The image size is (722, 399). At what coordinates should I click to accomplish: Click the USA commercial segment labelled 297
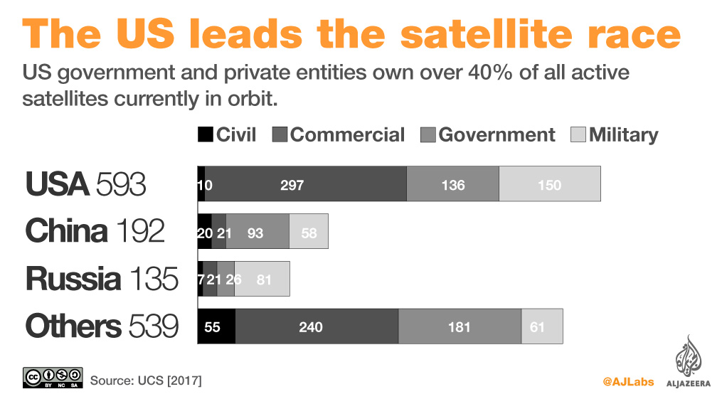coord(305,184)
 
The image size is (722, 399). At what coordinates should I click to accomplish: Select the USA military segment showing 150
coord(549,184)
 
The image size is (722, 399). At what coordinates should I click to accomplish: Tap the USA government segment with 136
coord(452,184)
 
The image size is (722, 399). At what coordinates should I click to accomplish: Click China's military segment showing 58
coord(309,231)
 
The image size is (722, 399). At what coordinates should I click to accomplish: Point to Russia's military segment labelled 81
coord(262,279)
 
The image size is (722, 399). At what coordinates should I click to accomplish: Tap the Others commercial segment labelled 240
coord(317,326)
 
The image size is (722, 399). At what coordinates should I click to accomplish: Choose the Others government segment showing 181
coord(460,326)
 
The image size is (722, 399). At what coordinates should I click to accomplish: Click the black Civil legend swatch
coord(205,134)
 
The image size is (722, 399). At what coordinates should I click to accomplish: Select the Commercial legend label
coord(347,134)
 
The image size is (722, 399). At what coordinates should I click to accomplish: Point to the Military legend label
coord(624,134)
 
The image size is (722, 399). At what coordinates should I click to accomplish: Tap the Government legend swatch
coord(428,134)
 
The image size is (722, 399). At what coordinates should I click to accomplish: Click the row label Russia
coord(73,280)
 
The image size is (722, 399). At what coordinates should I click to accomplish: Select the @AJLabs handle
coord(630,381)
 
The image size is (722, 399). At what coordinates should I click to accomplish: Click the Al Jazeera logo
coord(688,363)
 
